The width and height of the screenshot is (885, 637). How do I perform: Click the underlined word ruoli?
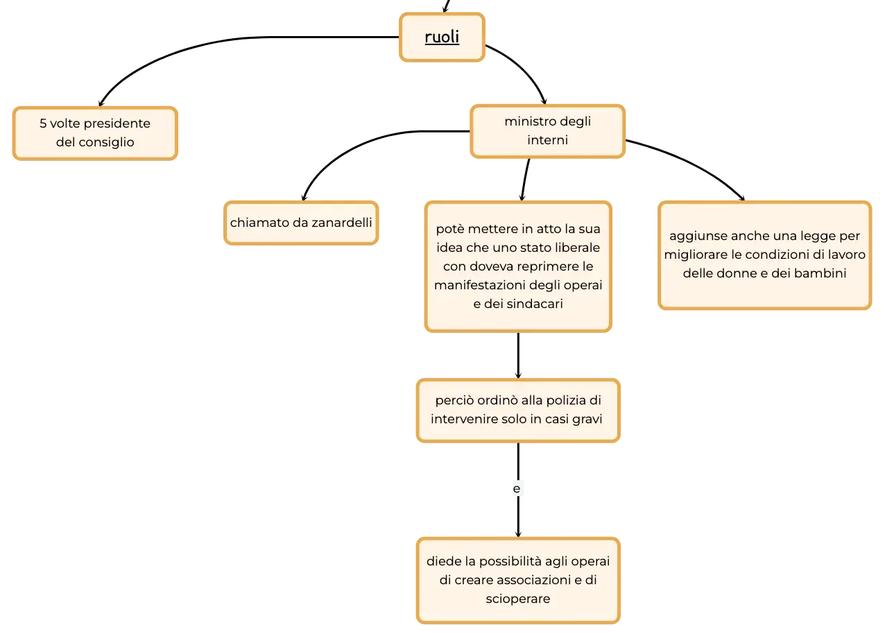(442, 37)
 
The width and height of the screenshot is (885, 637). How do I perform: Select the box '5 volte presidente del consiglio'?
(95, 133)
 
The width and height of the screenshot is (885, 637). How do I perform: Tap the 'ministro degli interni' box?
(548, 131)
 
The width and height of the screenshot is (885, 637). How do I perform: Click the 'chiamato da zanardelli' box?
(301, 223)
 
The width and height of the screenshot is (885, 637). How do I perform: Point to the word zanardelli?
(342, 223)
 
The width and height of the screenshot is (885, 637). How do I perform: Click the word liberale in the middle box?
(578, 247)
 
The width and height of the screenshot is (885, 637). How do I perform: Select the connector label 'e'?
(517, 489)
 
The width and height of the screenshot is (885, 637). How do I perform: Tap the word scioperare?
(518, 599)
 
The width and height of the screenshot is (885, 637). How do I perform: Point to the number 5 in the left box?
(43, 124)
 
